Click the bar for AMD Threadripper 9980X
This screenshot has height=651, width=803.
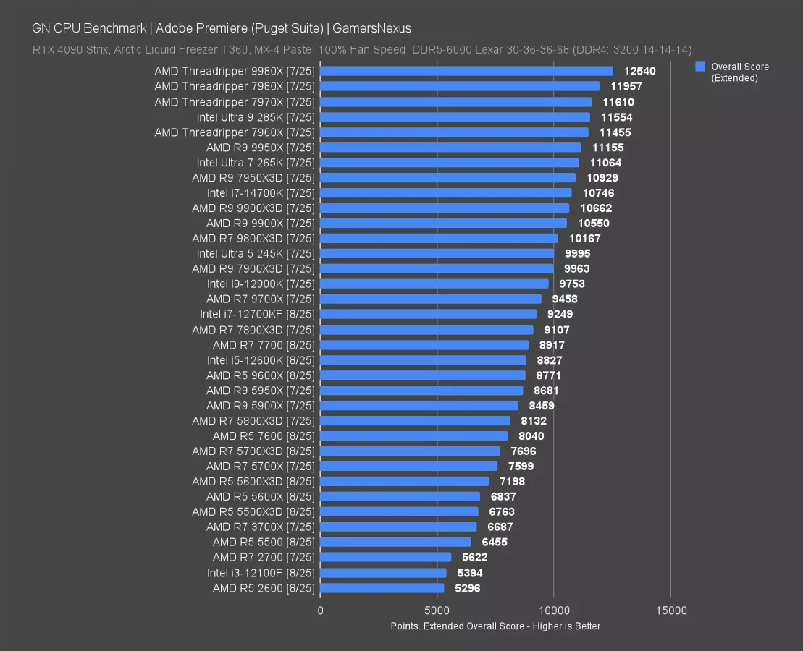point(466,71)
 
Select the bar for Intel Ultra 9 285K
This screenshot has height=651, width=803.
point(455,116)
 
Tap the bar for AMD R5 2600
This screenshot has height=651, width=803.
point(382,588)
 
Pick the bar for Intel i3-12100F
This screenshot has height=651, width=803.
point(383,573)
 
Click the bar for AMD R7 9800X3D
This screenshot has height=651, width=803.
point(439,238)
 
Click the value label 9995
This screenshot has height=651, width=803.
point(577,253)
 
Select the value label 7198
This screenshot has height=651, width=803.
point(512,481)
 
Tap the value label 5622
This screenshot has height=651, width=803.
point(474,557)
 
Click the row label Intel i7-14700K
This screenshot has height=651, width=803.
point(261,192)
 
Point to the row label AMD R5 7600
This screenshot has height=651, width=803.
point(264,435)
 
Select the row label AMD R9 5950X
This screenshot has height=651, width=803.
point(261,391)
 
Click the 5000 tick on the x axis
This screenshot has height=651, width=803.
point(437,610)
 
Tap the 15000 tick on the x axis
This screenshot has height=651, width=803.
point(671,610)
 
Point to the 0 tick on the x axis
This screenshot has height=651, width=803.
point(321,610)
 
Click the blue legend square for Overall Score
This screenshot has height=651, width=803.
point(699,67)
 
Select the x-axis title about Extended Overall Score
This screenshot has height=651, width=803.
point(495,626)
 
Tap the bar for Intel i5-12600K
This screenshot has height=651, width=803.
point(423,359)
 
